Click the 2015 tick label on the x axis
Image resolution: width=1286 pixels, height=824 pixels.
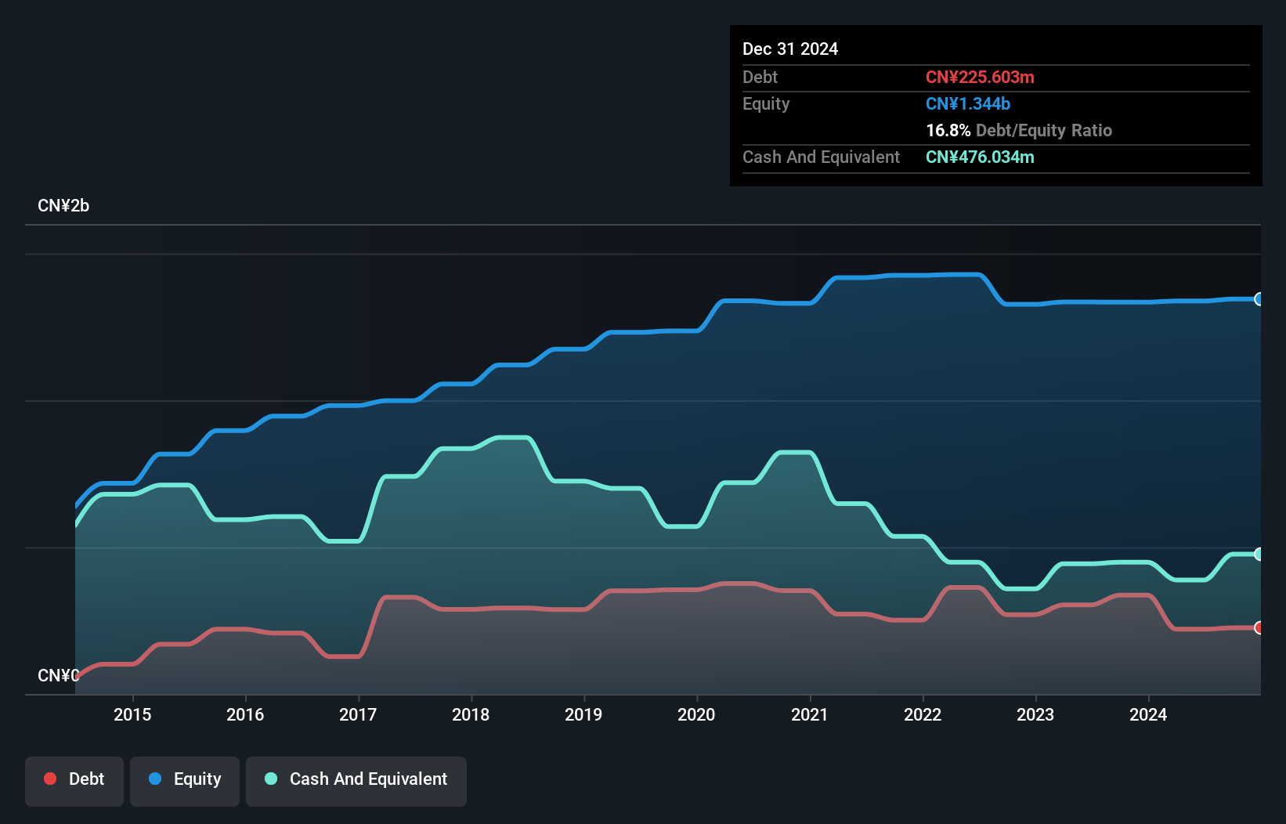(x=132, y=714)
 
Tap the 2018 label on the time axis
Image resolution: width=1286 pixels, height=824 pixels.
(x=471, y=714)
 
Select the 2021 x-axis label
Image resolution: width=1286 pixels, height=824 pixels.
(x=809, y=714)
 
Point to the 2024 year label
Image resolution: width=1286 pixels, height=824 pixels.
(x=1147, y=714)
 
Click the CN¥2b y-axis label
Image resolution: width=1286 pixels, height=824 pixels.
(x=63, y=206)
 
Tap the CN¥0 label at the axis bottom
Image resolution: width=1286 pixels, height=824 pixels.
(x=58, y=675)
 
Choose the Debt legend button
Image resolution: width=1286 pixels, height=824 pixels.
(x=74, y=779)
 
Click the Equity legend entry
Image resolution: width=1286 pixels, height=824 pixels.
(x=185, y=779)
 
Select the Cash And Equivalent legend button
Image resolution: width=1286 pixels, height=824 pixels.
(x=356, y=779)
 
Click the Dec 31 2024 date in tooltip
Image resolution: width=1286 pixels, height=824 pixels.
(x=790, y=49)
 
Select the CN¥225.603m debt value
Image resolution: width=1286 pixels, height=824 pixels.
(x=980, y=78)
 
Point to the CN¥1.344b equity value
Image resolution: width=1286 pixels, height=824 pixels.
(x=968, y=104)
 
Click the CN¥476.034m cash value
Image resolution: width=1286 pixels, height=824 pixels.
(x=980, y=157)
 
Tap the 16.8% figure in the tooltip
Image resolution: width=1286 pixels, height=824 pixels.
(x=948, y=131)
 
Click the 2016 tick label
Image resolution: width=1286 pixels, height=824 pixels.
(x=245, y=714)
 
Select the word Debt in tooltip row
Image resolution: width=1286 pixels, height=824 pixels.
(x=760, y=78)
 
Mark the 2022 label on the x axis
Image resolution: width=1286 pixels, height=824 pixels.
(x=922, y=714)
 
